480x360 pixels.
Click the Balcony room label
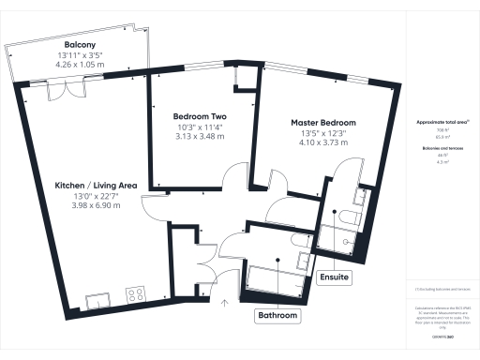(79, 45)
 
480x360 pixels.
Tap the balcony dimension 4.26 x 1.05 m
(79, 67)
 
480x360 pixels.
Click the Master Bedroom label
(322, 123)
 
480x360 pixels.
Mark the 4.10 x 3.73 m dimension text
(322, 144)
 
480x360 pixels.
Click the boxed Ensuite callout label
(335, 277)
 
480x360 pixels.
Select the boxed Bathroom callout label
(278, 317)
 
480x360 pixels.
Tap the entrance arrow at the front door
(224, 303)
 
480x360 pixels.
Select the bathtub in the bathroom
(273, 277)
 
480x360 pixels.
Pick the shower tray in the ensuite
(335, 241)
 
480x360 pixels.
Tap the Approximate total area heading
(442, 123)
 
